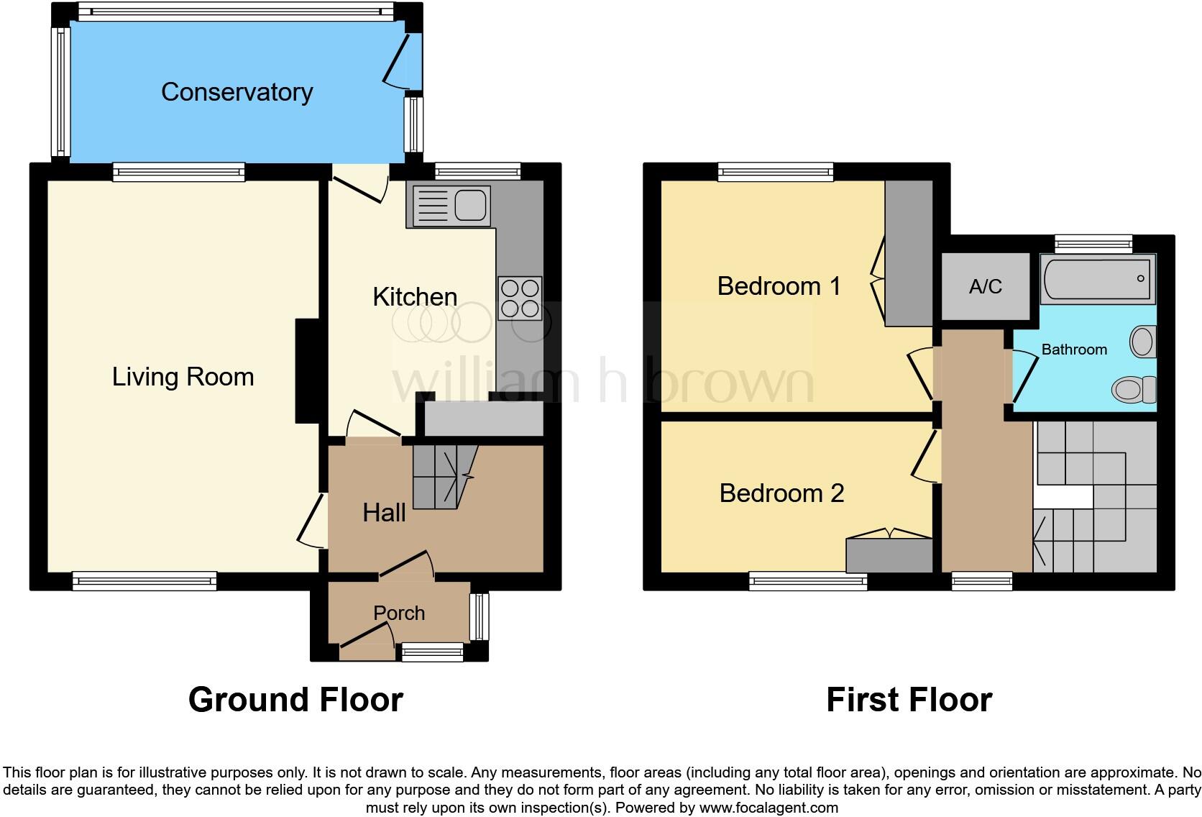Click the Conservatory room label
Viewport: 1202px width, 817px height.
click(x=237, y=92)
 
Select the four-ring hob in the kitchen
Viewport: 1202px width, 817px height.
click(x=520, y=298)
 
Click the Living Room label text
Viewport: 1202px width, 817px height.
click(x=183, y=377)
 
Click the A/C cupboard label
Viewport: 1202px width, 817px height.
click(x=985, y=287)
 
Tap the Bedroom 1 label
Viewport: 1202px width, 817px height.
click(x=779, y=286)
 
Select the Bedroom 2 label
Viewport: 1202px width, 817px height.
click(x=781, y=493)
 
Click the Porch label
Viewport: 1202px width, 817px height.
click(x=399, y=613)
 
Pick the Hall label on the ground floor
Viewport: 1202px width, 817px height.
click(x=384, y=513)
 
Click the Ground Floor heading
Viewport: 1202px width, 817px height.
click(x=295, y=700)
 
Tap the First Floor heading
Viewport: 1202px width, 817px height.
click(x=909, y=700)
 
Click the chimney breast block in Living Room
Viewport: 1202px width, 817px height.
click(x=307, y=371)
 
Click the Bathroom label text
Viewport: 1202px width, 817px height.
click(x=1074, y=350)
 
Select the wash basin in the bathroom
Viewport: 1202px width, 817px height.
click(x=1142, y=342)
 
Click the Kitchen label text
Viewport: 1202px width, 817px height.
click(x=415, y=297)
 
